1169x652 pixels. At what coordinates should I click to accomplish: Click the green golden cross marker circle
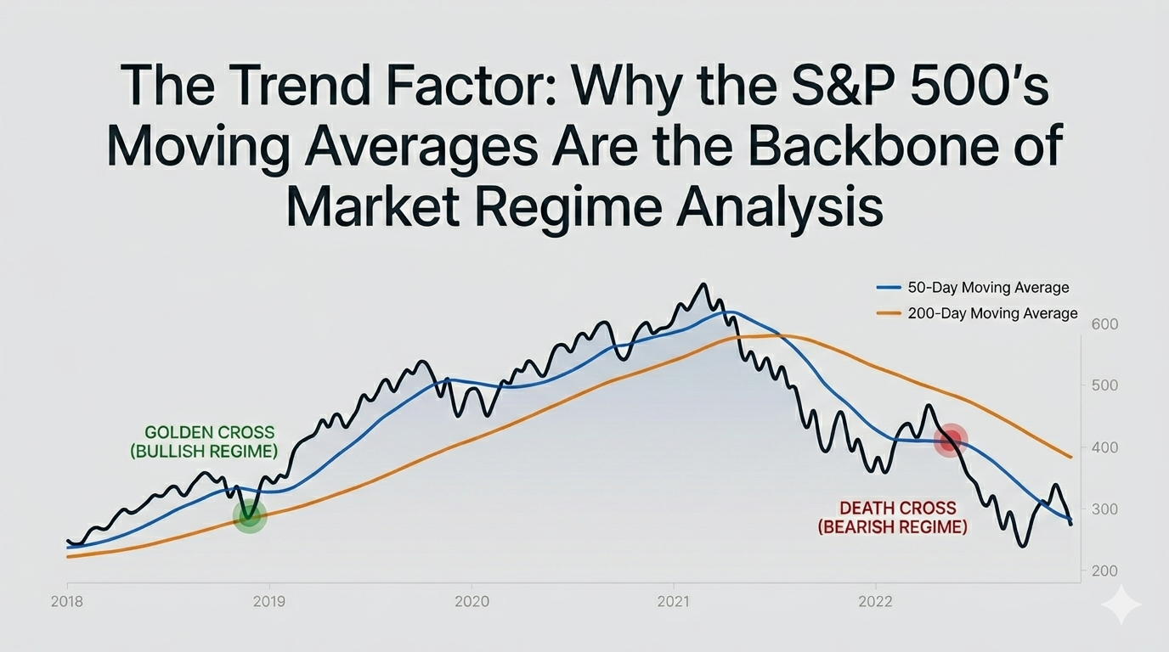point(250,514)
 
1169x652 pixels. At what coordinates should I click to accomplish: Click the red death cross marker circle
point(951,440)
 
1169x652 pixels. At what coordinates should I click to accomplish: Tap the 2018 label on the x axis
point(67,602)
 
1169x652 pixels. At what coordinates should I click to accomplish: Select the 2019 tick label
point(269,602)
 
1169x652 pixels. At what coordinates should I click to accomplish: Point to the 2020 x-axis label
point(472,602)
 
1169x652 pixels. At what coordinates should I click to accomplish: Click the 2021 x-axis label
point(674,602)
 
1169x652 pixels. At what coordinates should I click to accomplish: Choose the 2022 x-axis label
point(875,602)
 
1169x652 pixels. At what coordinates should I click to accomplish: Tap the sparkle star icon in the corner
point(1121,604)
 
